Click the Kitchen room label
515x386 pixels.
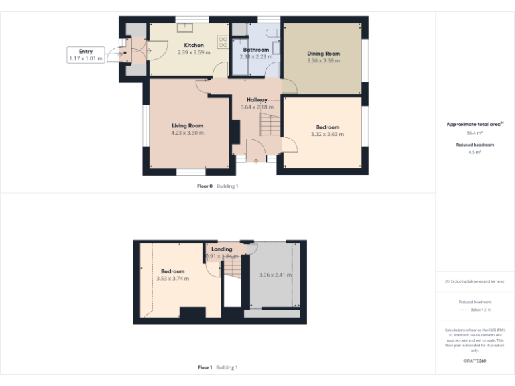pyautogui.click(x=194, y=46)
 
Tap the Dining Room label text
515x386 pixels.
pyautogui.click(x=324, y=54)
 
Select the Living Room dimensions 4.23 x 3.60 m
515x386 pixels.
pyautogui.click(x=187, y=133)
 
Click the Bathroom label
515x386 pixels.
pyautogui.click(x=256, y=50)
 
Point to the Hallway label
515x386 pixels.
pyautogui.click(x=257, y=100)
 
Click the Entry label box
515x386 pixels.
pyautogui.click(x=86, y=55)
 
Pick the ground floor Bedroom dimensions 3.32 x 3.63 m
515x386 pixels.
pyautogui.click(x=327, y=134)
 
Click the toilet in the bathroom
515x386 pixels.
pyautogui.click(x=272, y=34)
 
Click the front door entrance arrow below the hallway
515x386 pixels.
pyautogui.click(x=257, y=160)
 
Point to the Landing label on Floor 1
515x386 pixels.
pyautogui.click(x=221, y=249)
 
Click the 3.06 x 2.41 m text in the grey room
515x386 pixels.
pyautogui.click(x=275, y=275)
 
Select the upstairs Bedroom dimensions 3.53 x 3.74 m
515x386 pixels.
pyautogui.click(x=172, y=278)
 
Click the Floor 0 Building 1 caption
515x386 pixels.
pyautogui.click(x=217, y=186)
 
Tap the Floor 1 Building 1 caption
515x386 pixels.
pyautogui.click(x=217, y=367)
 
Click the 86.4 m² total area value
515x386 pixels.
pyautogui.click(x=474, y=133)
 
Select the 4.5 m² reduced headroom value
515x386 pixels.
pyautogui.click(x=474, y=152)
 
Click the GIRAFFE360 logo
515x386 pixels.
pyautogui.click(x=474, y=361)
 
